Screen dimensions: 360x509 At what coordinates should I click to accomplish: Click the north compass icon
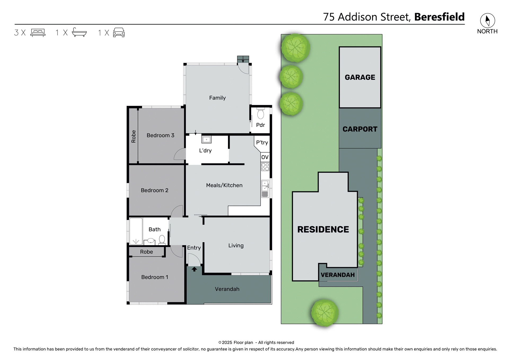point(487,21)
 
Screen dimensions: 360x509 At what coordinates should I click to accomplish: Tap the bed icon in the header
point(38,33)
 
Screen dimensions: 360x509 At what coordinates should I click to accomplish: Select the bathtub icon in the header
point(79,32)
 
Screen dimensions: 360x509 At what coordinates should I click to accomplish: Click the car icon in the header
point(119,32)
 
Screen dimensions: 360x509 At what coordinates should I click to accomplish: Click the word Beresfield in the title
point(439,17)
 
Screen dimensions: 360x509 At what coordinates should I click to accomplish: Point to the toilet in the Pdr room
point(261,114)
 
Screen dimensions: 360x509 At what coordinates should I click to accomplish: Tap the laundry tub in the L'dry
point(206,139)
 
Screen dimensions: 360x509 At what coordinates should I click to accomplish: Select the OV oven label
point(265,157)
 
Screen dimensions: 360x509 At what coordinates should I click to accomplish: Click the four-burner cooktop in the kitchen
point(265,167)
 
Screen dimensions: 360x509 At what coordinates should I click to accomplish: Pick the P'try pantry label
point(262,143)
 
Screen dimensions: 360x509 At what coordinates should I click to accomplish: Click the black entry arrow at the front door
point(194,269)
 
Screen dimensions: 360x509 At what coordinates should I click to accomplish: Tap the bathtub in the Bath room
point(136,231)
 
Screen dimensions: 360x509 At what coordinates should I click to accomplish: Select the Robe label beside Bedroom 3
point(134,136)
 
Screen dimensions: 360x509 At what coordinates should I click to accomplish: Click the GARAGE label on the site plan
point(360,77)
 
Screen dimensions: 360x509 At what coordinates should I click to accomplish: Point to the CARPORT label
point(360,129)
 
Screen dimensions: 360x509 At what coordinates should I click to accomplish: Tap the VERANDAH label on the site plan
point(337,275)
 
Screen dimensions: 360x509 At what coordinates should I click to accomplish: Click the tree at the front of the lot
point(324,313)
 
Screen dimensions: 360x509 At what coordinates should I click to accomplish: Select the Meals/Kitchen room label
point(224,185)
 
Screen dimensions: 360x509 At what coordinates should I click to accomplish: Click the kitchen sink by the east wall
point(265,185)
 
